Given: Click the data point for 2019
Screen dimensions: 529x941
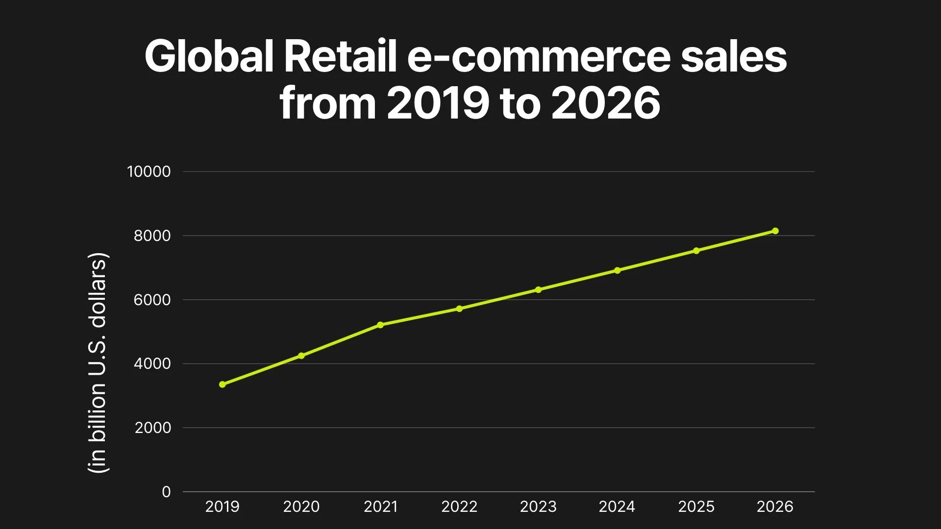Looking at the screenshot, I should [x=223, y=385].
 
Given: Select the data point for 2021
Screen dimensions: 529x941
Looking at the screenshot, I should [x=380, y=325].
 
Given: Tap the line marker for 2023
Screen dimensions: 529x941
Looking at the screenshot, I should [x=538, y=289].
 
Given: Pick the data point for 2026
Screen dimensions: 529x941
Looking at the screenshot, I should [x=775, y=231].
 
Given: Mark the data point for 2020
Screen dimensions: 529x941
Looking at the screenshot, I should [x=301, y=356].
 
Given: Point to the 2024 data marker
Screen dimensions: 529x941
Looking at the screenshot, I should [x=617, y=270].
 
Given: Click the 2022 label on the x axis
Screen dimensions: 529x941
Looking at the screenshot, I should [x=459, y=506].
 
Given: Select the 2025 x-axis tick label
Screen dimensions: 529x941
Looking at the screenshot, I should [x=696, y=506].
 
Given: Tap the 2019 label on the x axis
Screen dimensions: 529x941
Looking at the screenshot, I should [x=223, y=506].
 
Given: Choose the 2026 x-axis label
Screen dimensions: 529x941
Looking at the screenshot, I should [x=775, y=506].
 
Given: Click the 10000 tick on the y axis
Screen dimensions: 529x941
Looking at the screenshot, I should [x=149, y=171].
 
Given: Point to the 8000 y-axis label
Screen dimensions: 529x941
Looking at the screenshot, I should [x=152, y=236].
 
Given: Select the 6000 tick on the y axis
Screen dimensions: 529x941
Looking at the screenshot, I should [x=152, y=300].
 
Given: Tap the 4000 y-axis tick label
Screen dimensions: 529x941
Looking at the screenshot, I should [x=152, y=363].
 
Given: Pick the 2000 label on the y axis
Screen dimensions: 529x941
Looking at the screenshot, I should [x=153, y=428].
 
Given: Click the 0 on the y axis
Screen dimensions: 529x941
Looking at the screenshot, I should [x=166, y=492].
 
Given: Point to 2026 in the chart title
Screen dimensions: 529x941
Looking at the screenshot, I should [x=606, y=103].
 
